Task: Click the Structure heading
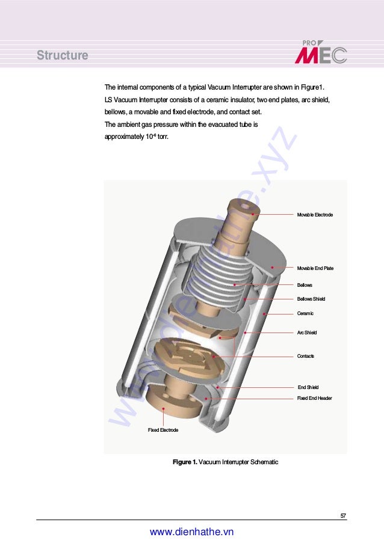coord(62,56)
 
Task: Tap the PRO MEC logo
coord(321,52)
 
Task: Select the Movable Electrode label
coord(315,215)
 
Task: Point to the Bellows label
coord(305,284)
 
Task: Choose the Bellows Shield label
coord(311,299)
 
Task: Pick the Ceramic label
coord(305,313)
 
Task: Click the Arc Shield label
coord(307,333)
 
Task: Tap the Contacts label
coord(306,356)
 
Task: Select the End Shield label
coord(308,387)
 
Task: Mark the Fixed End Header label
coord(314,398)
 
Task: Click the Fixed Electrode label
coord(163,430)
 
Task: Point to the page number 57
coord(343,515)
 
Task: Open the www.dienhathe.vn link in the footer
coord(191,532)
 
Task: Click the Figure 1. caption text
coord(225,462)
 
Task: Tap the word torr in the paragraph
coord(163,137)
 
